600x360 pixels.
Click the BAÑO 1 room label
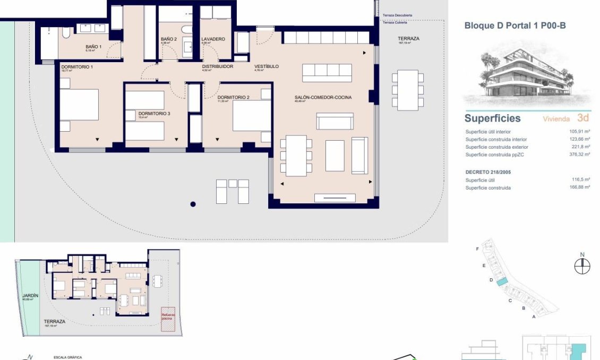pos(93,47)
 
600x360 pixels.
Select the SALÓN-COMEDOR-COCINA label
pos(323,97)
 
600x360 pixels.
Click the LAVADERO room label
pos(213,39)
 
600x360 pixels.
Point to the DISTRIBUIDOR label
pos(217,66)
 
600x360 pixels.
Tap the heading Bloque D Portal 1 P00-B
pos(511,25)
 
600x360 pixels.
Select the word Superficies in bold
pos(492,118)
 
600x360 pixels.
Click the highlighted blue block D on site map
pos(502,282)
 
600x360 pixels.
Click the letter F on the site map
pos(478,249)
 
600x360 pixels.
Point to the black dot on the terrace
pos(193,204)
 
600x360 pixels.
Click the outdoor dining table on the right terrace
pos(407,90)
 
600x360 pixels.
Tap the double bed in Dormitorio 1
pos(79,105)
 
